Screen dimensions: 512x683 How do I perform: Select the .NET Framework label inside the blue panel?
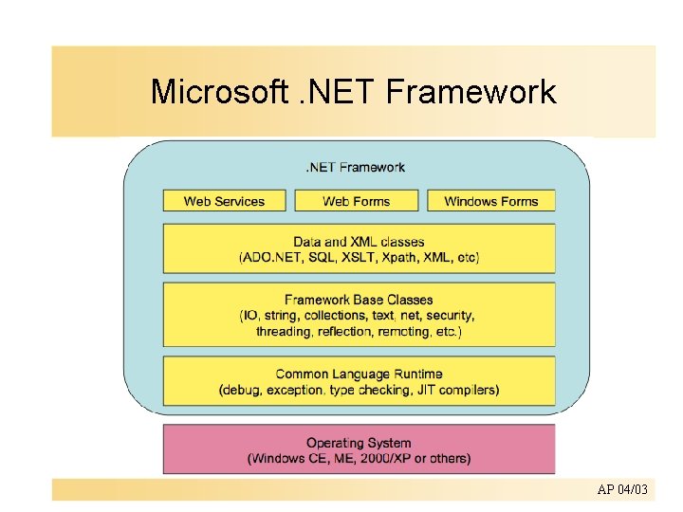[x=355, y=168]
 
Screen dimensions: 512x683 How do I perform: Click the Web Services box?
[x=225, y=201]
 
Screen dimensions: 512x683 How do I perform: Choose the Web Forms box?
[x=357, y=201]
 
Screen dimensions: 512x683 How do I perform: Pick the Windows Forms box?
[x=490, y=201]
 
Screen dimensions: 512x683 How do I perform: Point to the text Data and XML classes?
[x=359, y=242]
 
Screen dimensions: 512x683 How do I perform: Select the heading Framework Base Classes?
[x=359, y=300]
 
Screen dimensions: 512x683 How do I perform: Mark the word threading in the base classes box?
[x=284, y=331]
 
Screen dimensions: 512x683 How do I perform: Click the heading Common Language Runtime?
[x=359, y=374]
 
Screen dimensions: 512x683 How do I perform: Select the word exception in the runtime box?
[x=299, y=390]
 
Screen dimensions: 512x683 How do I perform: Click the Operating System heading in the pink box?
[x=359, y=443]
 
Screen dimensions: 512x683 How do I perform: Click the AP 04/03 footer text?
[x=622, y=489]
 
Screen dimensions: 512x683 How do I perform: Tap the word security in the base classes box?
[x=450, y=316]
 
